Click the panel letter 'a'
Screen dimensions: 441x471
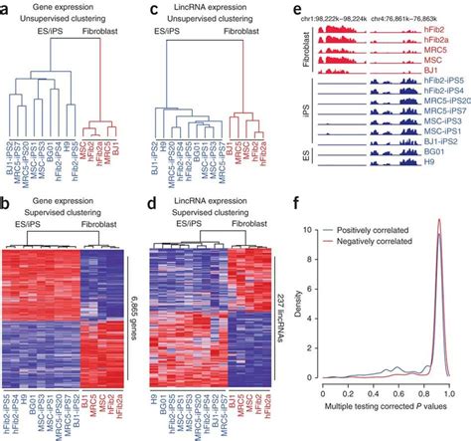pyautogui.click(x=7, y=8)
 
